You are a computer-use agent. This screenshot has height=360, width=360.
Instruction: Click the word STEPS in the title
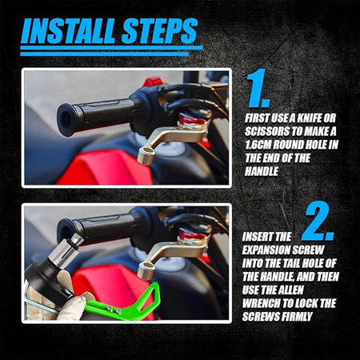pyautogui.click(x=159, y=31)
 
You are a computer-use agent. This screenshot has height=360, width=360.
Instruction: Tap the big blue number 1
pyautogui.click(x=258, y=88)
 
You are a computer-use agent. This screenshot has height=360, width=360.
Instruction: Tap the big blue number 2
pyautogui.click(x=318, y=222)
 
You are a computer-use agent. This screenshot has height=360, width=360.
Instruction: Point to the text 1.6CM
pyautogui.click(x=258, y=145)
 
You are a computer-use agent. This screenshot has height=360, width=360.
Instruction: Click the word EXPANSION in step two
pyautogui.click(x=266, y=250)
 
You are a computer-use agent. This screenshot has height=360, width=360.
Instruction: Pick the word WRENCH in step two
pyautogui.click(x=261, y=303)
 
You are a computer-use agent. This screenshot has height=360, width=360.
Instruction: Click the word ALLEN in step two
pyautogui.click(x=290, y=290)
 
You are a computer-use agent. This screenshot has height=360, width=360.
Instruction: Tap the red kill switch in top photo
pyautogui.click(x=153, y=81)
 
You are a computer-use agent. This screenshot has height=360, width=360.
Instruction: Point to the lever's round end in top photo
pyautogui.click(x=146, y=156)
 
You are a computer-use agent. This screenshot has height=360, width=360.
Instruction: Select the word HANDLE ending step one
pyautogui.click(x=262, y=171)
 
